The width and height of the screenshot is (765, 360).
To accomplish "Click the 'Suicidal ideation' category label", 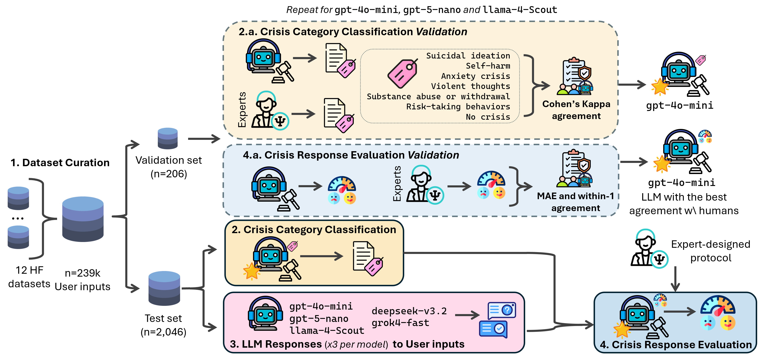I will point(468,56).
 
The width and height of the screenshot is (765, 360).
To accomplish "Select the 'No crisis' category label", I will point(488,117).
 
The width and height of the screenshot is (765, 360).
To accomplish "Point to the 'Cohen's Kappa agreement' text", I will point(576,110).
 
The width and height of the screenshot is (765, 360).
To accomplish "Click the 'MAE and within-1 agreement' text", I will point(575,202).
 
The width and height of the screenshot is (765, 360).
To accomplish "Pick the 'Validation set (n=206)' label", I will point(169,167).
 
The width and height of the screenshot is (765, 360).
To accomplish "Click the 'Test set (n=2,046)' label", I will point(163,325).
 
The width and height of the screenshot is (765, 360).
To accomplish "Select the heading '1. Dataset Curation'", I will point(60,163).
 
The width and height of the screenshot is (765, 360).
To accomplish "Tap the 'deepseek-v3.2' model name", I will point(409,311).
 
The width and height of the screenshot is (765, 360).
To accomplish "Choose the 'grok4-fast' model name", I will point(400,323).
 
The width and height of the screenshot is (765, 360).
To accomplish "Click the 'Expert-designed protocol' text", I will point(710,251).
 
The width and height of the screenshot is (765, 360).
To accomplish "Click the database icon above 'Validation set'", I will point(168,138).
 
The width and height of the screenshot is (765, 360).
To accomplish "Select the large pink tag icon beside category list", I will point(402,73).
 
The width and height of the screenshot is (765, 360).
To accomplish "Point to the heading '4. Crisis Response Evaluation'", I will point(676,345).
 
